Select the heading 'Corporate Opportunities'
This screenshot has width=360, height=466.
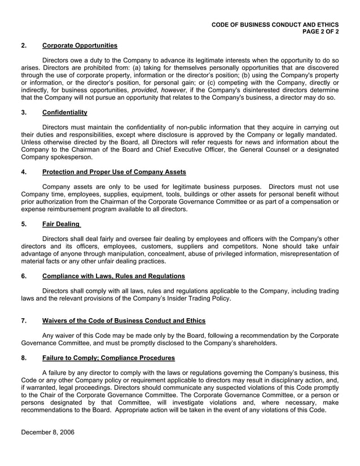click(x=80, y=45)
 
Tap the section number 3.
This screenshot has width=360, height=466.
click(x=23, y=112)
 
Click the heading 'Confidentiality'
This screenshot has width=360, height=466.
click(x=64, y=112)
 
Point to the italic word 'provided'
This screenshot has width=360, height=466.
click(x=144, y=89)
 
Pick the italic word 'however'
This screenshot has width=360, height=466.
click(x=174, y=89)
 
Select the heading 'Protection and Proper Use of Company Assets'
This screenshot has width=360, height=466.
click(x=114, y=172)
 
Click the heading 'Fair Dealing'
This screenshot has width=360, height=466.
click(x=61, y=223)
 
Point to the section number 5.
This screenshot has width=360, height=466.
click(x=23, y=223)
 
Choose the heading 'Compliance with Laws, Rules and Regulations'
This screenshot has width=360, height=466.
click(x=113, y=276)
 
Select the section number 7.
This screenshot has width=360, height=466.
click(x=23, y=320)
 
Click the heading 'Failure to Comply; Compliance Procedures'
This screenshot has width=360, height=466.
click(x=108, y=358)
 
